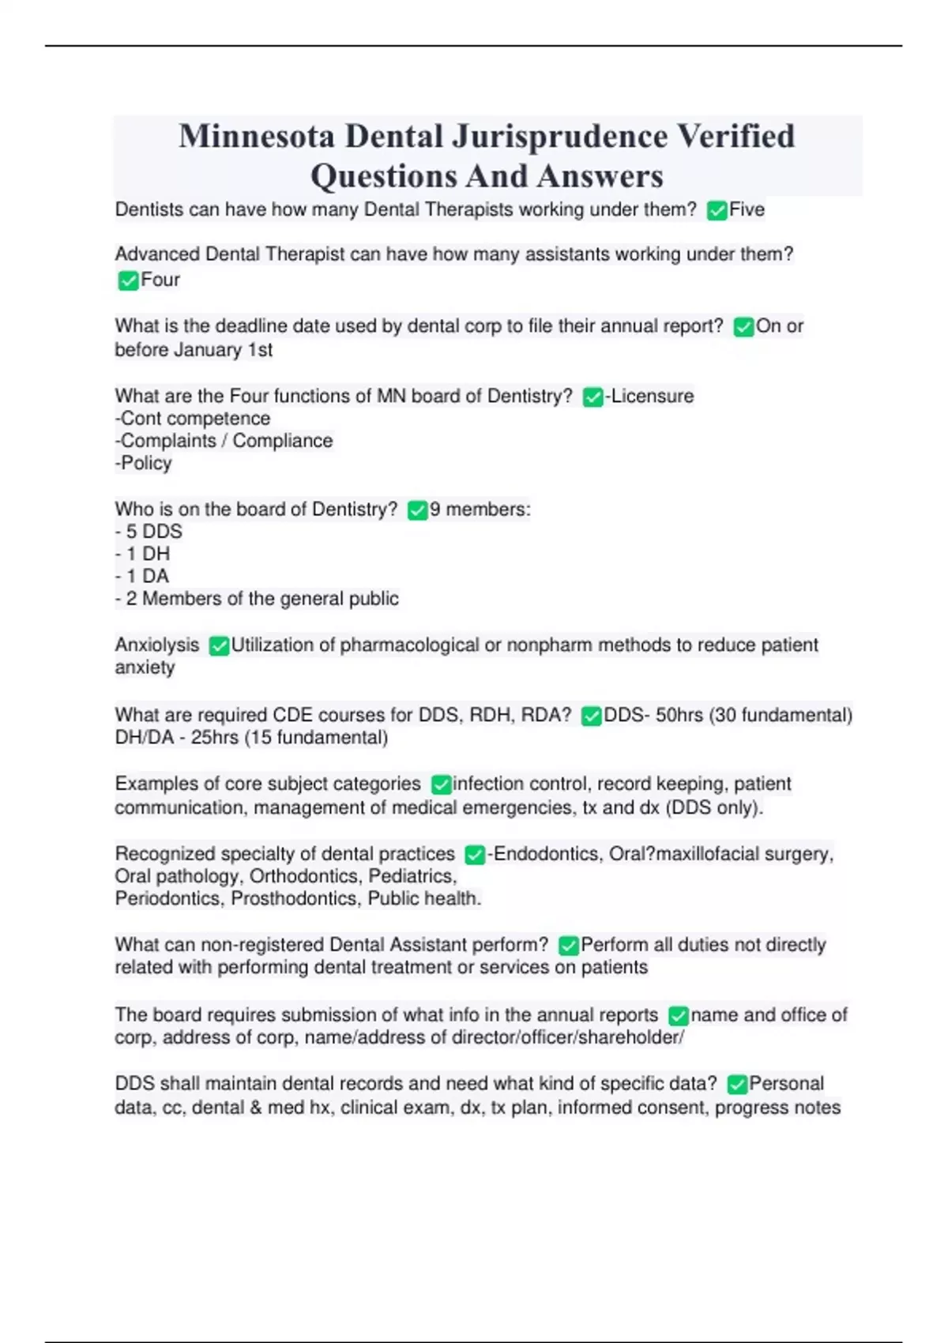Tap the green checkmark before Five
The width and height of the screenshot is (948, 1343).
[717, 211]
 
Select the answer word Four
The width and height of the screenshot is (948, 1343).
[160, 280]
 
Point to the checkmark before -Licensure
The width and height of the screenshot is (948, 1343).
[592, 397]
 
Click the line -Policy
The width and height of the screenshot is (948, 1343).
[144, 463]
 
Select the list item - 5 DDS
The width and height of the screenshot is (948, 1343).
[149, 532]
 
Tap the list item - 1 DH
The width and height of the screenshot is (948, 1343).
[143, 554]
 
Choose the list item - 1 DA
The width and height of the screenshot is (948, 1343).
[143, 576]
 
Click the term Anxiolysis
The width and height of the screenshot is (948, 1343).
[157, 645]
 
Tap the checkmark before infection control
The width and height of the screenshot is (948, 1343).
[441, 784]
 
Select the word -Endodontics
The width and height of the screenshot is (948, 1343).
[544, 854]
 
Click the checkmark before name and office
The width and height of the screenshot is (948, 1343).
[678, 1016]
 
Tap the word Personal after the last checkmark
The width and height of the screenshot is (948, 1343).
[786, 1083]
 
